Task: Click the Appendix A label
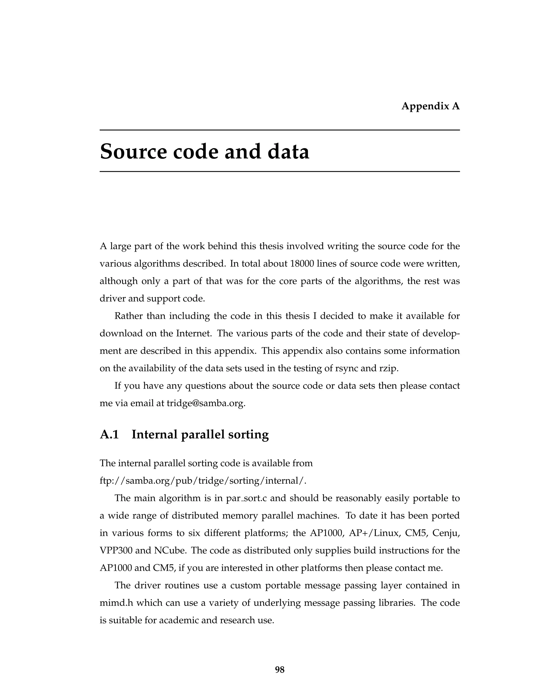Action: coord(430,106)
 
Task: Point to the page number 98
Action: coord(280,670)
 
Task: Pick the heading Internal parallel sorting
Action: coord(200,435)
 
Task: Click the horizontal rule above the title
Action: coord(280,130)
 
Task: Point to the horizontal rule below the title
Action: coord(280,172)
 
